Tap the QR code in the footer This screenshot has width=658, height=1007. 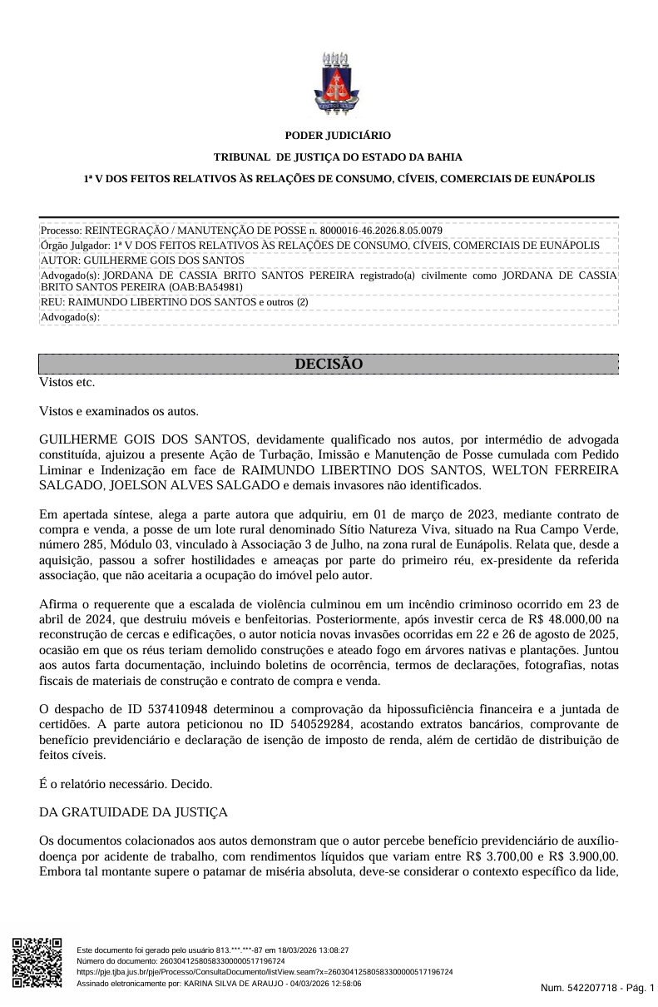pos(37,963)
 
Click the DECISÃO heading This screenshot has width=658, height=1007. pos(329,365)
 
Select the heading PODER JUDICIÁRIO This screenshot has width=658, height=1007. pos(338,135)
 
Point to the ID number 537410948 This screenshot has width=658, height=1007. pos(154,709)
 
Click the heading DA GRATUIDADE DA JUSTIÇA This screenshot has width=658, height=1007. pos(133,811)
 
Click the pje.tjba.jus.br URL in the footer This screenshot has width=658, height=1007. pos(265,971)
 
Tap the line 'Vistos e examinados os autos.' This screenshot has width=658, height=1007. pos(119,410)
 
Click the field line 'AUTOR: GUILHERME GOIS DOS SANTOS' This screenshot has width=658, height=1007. pos(142,260)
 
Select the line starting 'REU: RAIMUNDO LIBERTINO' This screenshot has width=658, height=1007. pos(175,302)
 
